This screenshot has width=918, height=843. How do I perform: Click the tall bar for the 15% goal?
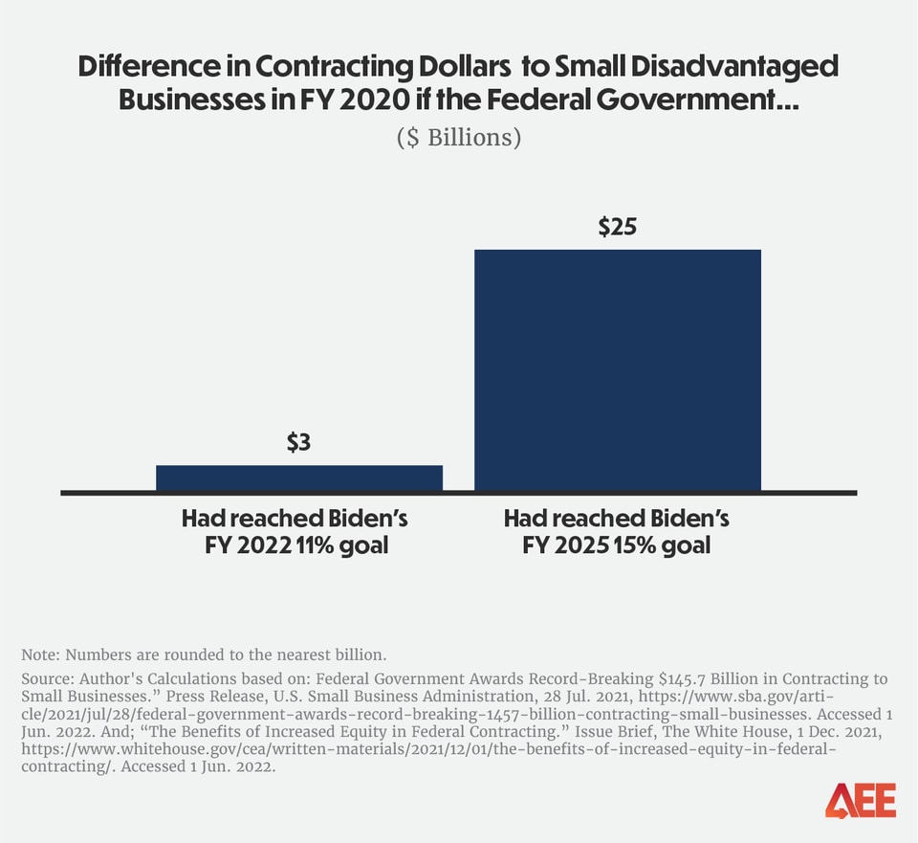pyautogui.click(x=617, y=370)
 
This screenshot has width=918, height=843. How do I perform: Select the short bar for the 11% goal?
pyautogui.click(x=298, y=478)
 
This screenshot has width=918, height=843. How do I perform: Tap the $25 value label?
pyautogui.click(x=617, y=227)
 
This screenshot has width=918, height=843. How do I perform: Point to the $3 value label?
pyautogui.click(x=299, y=442)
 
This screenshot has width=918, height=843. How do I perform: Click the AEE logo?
pyautogui.click(x=861, y=800)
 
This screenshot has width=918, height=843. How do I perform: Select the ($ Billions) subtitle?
pyautogui.click(x=459, y=137)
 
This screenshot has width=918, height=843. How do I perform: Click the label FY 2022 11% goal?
pyautogui.click(x=295, y=545)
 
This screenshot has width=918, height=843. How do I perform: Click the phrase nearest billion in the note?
pyautogui.click(x=327, y=655)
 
